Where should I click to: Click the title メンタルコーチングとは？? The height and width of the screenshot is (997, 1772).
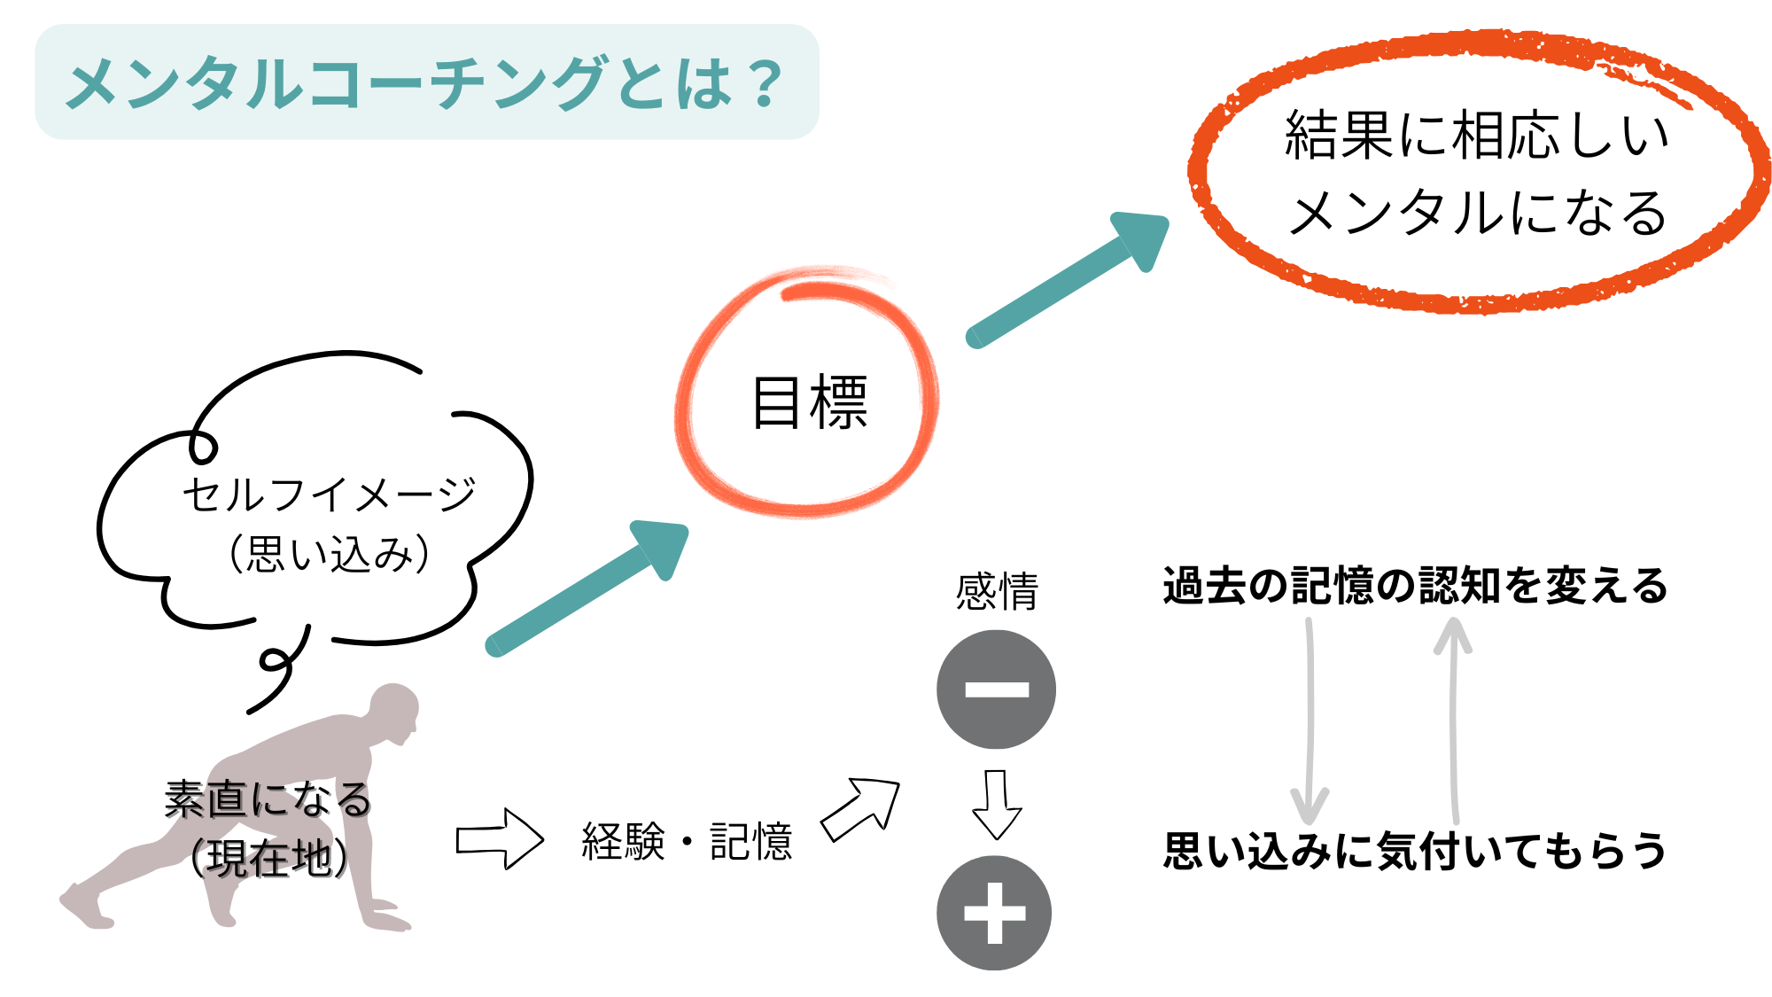coord(425,83)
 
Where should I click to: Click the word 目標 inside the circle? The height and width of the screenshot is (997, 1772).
coord(809,403)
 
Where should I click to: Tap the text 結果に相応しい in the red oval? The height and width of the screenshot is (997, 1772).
coord(1476,136)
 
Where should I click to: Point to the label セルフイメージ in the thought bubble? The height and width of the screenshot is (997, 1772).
coord(329,495)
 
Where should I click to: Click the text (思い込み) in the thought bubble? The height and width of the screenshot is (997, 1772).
coord(329,555)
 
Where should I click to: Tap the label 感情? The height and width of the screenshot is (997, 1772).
coord(997,591)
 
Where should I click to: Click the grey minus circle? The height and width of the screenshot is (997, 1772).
coord(996,689)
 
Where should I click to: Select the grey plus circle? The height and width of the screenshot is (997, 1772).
coord(994,913)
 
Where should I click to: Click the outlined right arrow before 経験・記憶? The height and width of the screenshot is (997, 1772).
coord(499,838)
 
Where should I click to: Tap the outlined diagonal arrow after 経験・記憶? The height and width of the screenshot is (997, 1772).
coord(860,809)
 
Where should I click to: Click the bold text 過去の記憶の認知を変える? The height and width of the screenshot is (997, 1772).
coord(1415,586)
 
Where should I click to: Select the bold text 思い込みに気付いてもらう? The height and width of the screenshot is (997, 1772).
coord(1415,851)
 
